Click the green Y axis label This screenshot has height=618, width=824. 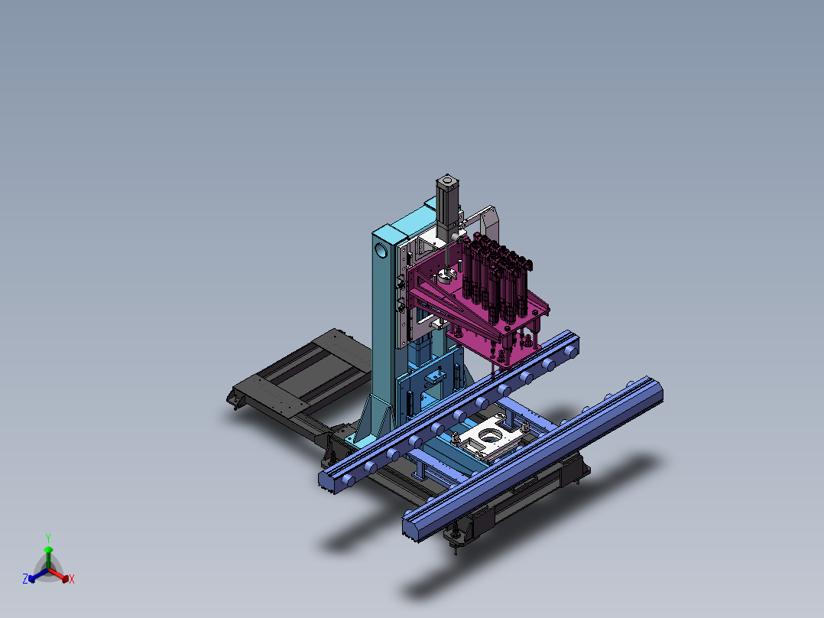pos(48,538)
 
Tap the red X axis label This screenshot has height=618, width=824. pos(72,579)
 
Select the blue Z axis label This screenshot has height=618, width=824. pos(24,578)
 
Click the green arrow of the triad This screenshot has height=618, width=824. pos(48,558)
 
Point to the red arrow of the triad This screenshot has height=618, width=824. pos(59,575)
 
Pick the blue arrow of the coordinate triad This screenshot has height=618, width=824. pos(38,575)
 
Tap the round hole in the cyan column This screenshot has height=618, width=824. pos(381,251)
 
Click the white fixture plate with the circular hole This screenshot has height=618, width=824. pos(487,439)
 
